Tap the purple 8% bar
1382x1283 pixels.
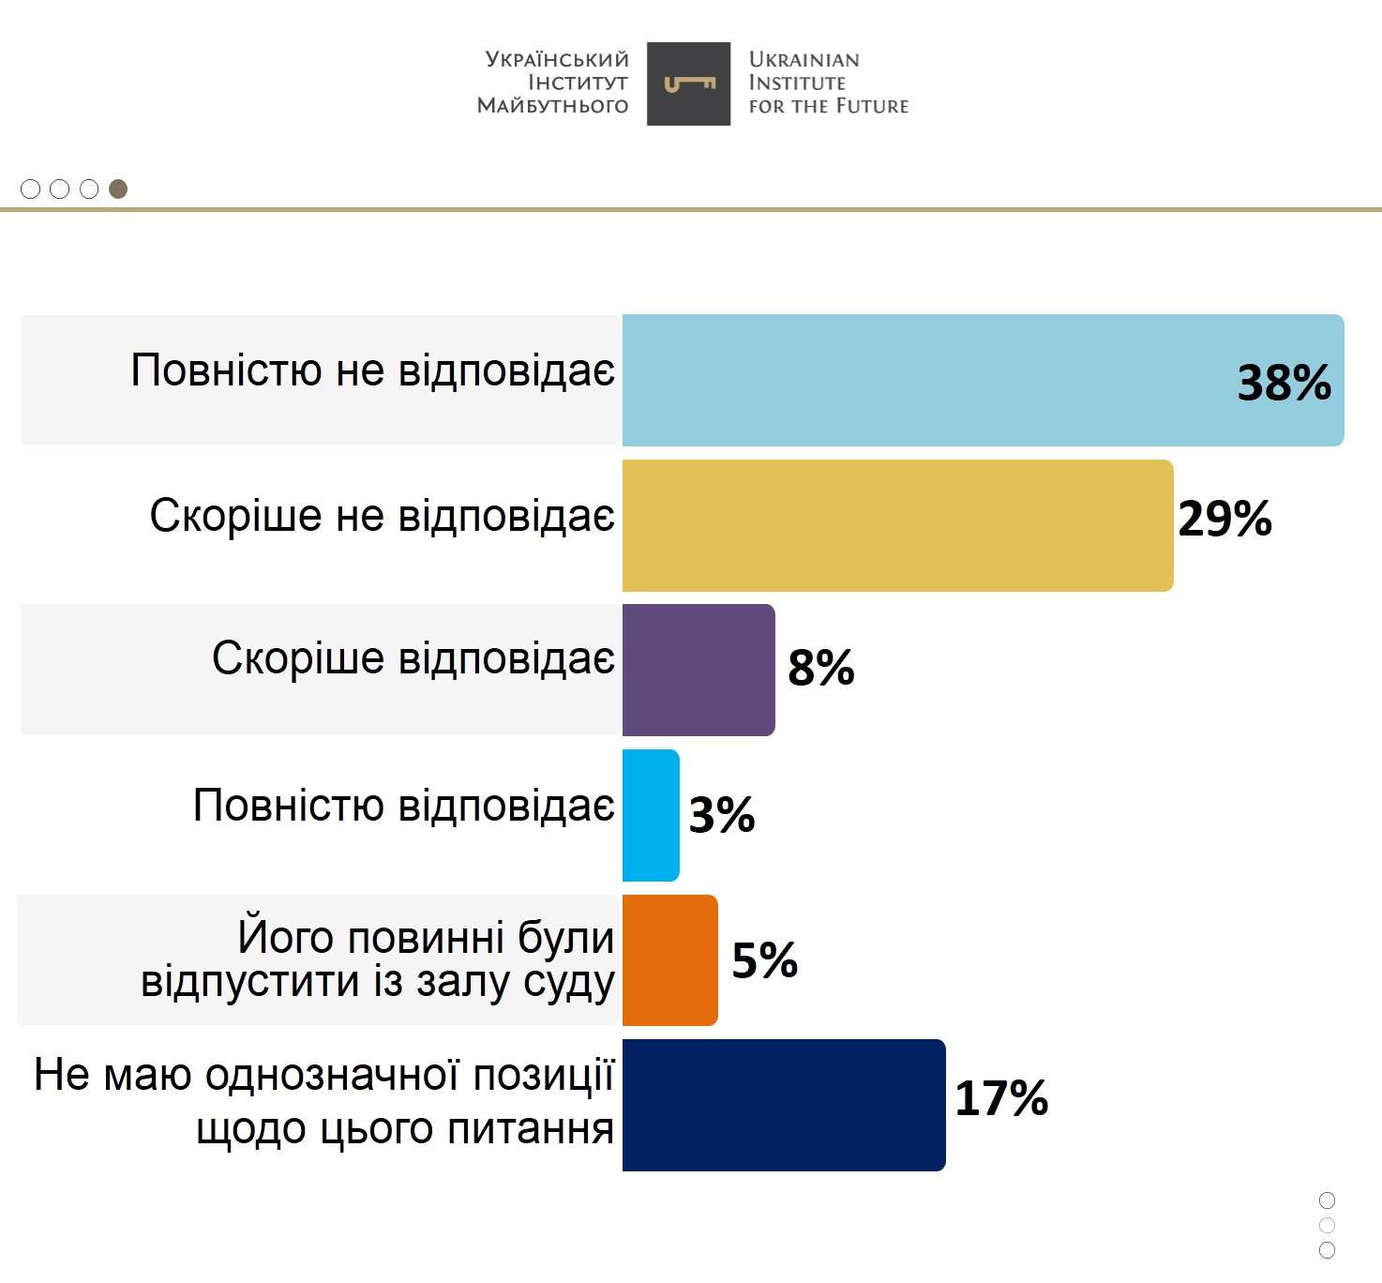click(699, 670)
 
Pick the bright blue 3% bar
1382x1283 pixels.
click(651, 815)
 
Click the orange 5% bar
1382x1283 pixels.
click(669, 959)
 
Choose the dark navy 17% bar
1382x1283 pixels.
click(784, 1105)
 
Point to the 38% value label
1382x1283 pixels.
click(1284, 383)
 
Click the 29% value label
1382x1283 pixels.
click(1224, 519)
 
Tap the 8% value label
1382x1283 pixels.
click(821, 668)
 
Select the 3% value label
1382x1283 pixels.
click(722, 814)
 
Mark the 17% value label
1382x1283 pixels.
click(1001, 1098)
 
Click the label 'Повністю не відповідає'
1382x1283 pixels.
click(372, 370)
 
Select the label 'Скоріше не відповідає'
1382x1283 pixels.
click(382, 516)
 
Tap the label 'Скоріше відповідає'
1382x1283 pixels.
click(413, 658)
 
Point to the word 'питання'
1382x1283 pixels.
click(531, 1128)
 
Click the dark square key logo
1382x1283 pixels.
click(688, 83)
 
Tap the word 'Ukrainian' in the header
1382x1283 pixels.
click(804, 59)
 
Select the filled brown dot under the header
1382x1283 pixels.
click(118, 189)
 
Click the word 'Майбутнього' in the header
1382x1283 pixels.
click(552, 106)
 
